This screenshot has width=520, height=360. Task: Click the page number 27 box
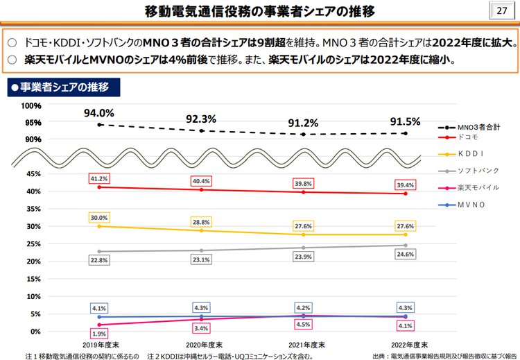[x=502, y=12]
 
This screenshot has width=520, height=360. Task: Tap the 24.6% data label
[x=406, y=255]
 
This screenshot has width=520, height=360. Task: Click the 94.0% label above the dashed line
[x=98, y=113]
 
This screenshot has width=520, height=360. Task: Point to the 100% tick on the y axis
[x=31, y=106]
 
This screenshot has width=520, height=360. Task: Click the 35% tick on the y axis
[x=33, y=209]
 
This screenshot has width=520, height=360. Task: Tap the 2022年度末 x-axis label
[x=406, y=345]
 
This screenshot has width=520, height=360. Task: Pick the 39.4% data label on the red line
[x=406, y=185]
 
